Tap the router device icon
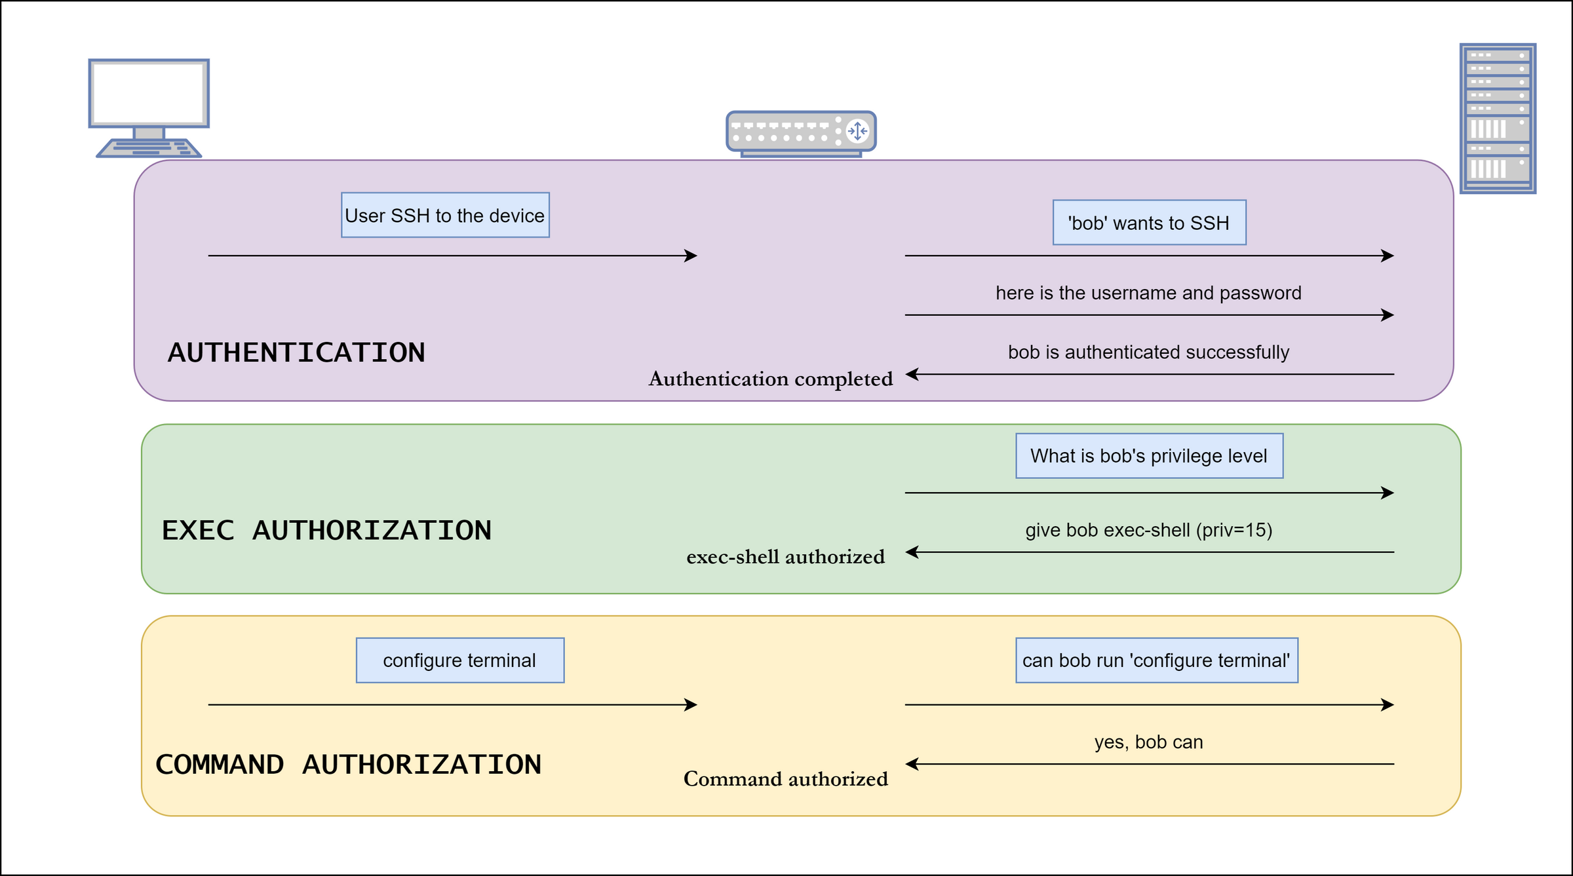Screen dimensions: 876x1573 tap(801, 133)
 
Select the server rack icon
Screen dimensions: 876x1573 tap(1498, 119)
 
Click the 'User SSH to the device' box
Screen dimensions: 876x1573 tap(445, 216)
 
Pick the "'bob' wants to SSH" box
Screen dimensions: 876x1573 tap(1149, 223)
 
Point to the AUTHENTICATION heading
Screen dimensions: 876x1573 tap(296, 352)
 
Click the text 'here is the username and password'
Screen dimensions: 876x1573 tap(1148, 293)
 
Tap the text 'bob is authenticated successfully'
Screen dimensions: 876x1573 tap(1148, 352)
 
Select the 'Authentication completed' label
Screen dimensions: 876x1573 tap(770, 379)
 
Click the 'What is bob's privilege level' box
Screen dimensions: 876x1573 tap(1149, 456)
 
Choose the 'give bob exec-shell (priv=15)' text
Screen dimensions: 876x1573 tap(1148, 530)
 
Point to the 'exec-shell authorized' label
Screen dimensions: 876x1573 tap(785, 557)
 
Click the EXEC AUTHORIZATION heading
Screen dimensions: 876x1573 tap(326, 531)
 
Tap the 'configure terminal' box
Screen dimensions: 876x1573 tap(459, 660)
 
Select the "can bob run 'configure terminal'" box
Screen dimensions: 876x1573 tap(1156, 660)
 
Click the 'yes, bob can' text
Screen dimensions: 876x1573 tap(1148, 742)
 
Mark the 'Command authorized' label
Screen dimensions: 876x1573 tap(785, 779)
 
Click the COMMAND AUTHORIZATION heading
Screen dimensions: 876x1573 tap(348, 765)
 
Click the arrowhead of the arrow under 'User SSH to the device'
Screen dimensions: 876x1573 tap(692, 256)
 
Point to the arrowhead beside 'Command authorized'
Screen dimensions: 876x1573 tap(912, 764)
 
